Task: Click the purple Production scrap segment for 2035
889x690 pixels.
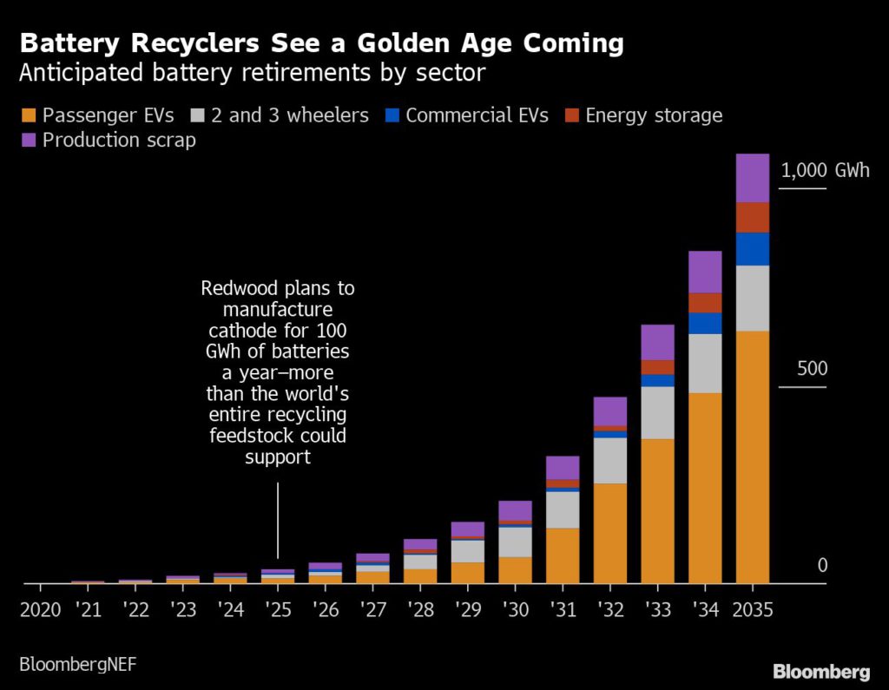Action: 752,178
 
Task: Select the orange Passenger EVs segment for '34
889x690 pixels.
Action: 705,488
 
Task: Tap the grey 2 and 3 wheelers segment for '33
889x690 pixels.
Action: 657,412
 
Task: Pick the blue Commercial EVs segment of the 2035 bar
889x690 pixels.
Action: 752,249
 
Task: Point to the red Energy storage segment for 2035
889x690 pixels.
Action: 752,217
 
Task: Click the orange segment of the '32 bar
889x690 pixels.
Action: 610,533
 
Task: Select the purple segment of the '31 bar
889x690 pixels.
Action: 563,468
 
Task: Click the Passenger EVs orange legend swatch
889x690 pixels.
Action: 28,115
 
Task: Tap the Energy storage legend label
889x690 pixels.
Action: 654,115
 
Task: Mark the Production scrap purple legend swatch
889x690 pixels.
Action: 28,140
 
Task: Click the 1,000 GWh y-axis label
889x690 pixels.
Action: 825,170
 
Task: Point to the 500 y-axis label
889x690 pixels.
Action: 813,369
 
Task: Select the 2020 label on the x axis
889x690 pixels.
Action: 40,609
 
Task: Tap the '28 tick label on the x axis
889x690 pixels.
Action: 420,609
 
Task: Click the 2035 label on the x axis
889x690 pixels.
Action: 752,609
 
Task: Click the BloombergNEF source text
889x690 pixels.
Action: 77,664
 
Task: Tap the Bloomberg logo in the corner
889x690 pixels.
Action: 821,672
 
